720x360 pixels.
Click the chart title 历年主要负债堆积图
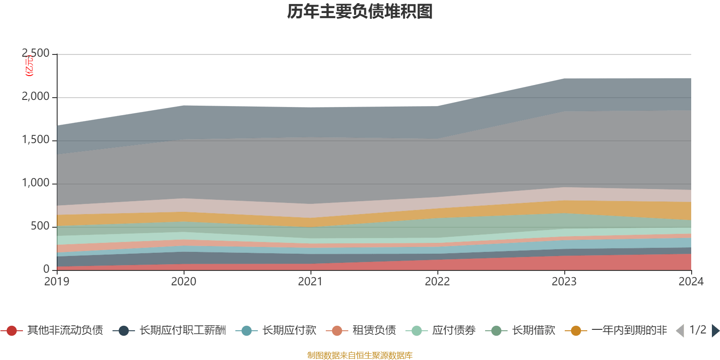(x=360, y=12)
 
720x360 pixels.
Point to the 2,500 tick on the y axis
(x=36, y=54)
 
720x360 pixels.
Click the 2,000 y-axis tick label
(x=36, y=97)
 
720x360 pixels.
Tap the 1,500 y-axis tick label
(x=36, y=140)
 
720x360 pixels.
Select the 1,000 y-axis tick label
(x=36, y=183)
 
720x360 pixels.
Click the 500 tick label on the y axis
(x=40, y=226)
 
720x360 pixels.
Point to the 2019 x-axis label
(x=57, y=282)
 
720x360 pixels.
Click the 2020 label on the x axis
(x=184, y=282)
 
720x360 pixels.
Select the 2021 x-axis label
(x=310, y=282)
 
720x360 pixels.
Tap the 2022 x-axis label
(x=437, y=282)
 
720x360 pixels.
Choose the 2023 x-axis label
(x=564, y=282)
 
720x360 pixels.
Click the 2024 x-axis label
(x=691, y=282)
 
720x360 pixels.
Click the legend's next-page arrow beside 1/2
(x=715, y=331)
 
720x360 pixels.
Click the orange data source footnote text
(x=360, y=355)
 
